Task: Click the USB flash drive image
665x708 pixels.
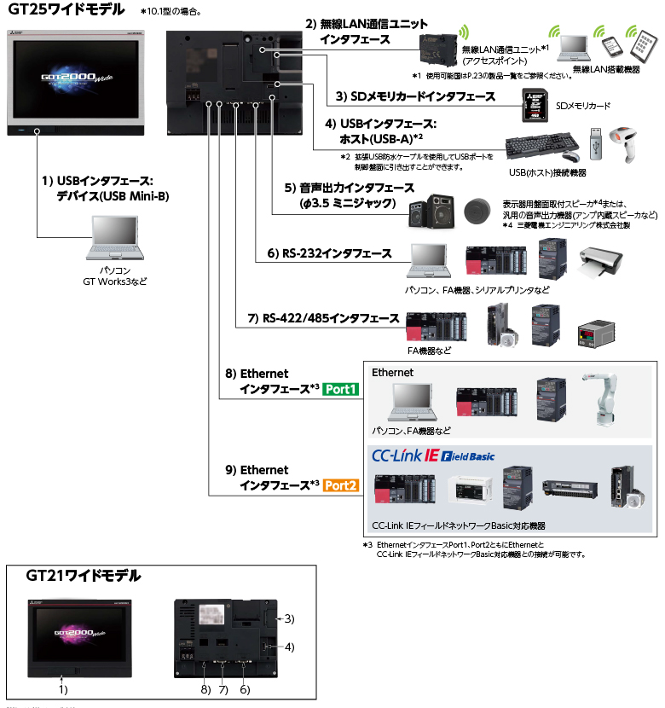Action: (595, 145)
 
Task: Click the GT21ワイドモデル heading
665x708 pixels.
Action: (84, 577)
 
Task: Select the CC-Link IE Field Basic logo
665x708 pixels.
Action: (432, 455)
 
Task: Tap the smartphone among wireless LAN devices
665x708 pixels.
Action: (610, 48)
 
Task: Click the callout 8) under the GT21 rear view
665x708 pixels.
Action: (205, 688)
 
